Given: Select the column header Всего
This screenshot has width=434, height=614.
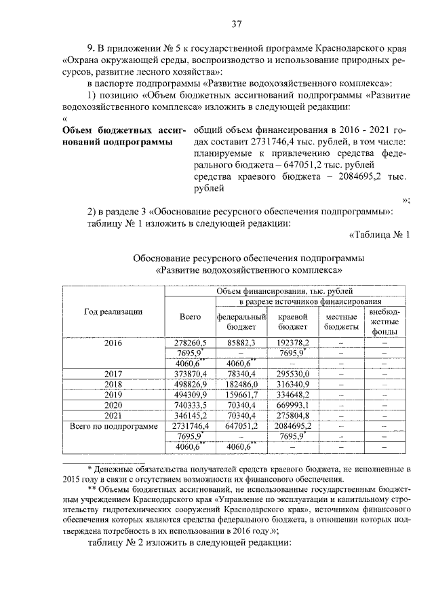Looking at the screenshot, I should [x=190, y=317].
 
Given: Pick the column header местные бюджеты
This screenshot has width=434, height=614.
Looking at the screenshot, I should [x=340, y=322].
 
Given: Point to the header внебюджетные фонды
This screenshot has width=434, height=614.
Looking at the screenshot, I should [x=384, y=322].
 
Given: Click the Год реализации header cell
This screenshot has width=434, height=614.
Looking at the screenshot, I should [x=113, y=311].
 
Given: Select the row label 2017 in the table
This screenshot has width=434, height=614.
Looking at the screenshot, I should [x=113, y=374].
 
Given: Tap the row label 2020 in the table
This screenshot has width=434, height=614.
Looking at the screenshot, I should [x=113, y=405].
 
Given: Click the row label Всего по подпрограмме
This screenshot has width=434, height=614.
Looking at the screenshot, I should [x=113, y=425].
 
